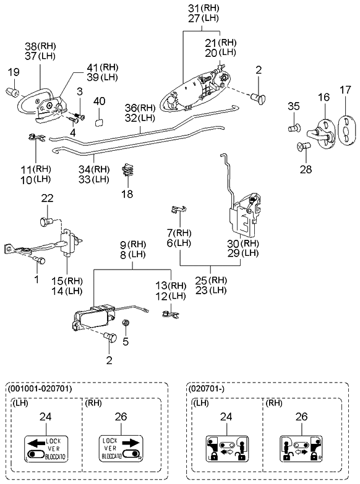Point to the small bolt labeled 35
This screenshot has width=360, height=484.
tap(294, 127)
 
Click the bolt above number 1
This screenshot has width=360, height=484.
tap(39, 261)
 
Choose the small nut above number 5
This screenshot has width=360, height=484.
tap(126, 322)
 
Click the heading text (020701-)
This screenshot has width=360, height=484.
tap(207, 389)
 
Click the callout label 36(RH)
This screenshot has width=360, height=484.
tap(139, 107)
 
